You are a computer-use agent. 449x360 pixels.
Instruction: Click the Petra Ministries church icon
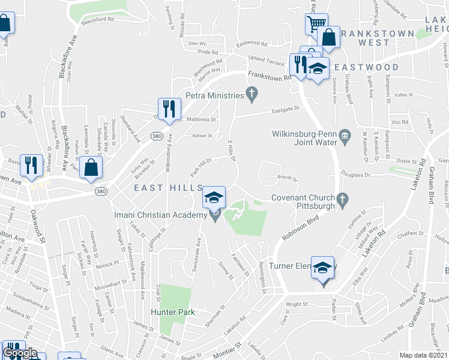(x=252, y=94)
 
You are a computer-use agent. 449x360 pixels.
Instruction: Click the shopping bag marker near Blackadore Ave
(x=90, y=168)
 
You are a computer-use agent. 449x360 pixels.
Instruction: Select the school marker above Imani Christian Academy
(x=214, y=197)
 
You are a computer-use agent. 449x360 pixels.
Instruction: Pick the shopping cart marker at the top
(x=316, y=25)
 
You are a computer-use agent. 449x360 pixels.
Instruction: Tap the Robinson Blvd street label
(x=298, y=227)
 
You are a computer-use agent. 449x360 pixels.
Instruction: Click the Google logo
(x=20, y=353)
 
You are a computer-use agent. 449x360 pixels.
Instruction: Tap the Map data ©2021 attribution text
(x=424, y=355)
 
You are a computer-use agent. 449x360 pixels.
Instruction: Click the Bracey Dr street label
(x=288, y=177)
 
